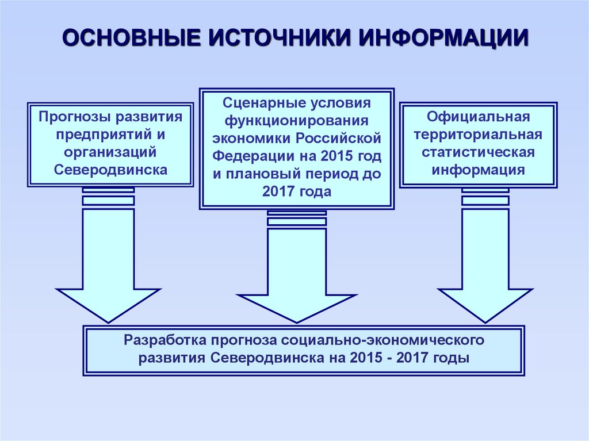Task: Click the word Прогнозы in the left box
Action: [74, 117]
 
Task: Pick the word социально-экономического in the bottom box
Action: [392, 339]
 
